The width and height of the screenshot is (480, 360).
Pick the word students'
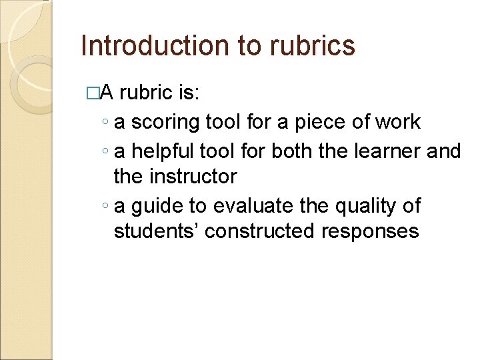156,231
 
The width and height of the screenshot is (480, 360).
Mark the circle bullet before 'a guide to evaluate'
107,207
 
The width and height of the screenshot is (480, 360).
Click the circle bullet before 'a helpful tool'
107,151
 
